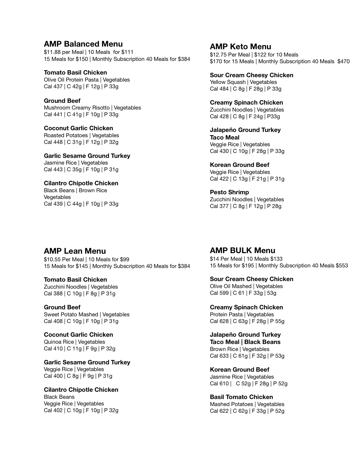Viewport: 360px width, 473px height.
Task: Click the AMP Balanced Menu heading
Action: click(x=83, y=44)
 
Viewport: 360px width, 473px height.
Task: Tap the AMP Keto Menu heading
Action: click(x=240, y=47)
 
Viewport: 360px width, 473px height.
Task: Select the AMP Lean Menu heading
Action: click(x=75, y=251)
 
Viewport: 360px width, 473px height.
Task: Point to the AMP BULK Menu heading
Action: click(x=242, y=250)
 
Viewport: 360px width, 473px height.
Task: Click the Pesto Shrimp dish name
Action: click(x=229, y=192)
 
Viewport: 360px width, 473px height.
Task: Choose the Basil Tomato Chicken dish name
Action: click(x=241, y=397)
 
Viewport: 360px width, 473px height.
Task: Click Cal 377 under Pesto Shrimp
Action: click(x=219, y=206)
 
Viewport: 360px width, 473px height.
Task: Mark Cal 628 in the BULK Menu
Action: click(x=219, y=321)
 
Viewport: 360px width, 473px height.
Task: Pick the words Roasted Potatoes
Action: click(x=66, y=135)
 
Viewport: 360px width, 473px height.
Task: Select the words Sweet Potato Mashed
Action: click(x=71, y=315)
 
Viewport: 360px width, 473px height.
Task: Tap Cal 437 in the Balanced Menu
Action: click(x=53, y=87)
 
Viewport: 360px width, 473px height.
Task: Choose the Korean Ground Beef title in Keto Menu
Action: click(x=239, y=165)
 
